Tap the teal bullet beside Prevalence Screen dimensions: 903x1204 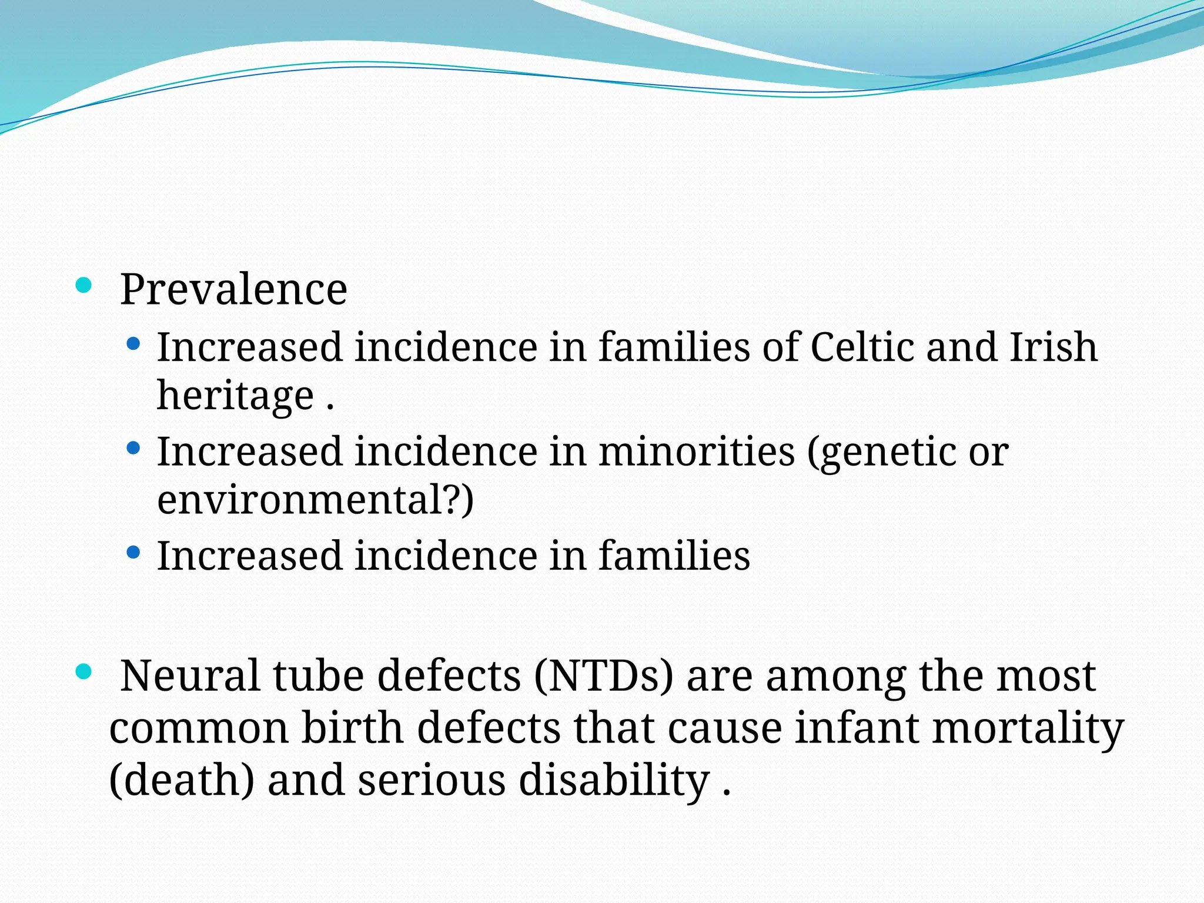pos(84,286)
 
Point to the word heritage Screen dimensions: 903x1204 pos(235,395)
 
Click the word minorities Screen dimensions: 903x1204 pos(697,451)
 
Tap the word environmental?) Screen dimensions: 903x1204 pos(315,500)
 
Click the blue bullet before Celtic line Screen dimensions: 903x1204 pos(133,343)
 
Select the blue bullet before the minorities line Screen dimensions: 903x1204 pos(133,448)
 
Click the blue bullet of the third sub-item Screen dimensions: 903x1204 pos(133,553)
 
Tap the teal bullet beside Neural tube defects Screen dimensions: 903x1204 pos(84,671)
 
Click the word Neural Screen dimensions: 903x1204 pos(190,675)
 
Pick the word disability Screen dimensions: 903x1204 pos(614,781)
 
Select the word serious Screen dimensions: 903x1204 pos(432,781)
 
